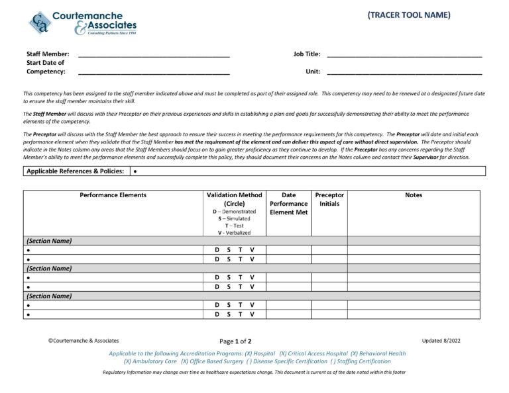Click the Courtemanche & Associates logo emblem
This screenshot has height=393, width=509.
point(40,23)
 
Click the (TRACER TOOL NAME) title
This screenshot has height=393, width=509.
point(409,15)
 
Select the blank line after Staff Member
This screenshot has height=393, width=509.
point(154,56)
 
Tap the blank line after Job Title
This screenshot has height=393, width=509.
point(404,56)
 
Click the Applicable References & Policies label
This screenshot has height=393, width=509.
point(75,171)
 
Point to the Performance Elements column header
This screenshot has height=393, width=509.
point(113,195)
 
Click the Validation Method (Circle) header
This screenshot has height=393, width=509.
point(234,199)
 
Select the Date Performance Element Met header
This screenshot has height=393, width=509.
point(288,204)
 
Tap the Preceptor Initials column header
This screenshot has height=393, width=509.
point(329,199)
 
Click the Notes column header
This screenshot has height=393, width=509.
point(413,195)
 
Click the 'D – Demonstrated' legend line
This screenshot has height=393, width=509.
point(234,212)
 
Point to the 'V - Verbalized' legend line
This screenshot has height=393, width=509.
point(234,233)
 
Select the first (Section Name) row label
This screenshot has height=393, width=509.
point(49,241)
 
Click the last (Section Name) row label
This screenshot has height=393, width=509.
point(49,296)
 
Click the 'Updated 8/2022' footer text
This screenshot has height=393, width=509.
point(441,341)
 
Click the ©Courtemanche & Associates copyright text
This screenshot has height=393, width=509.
point(84,341)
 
